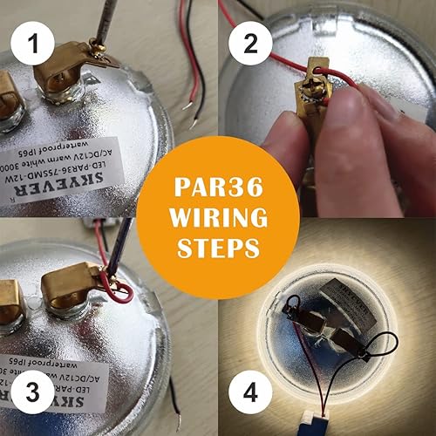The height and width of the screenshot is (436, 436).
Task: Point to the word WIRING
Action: coord(218,218)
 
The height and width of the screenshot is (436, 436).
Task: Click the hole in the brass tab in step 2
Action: coord(316,64)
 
